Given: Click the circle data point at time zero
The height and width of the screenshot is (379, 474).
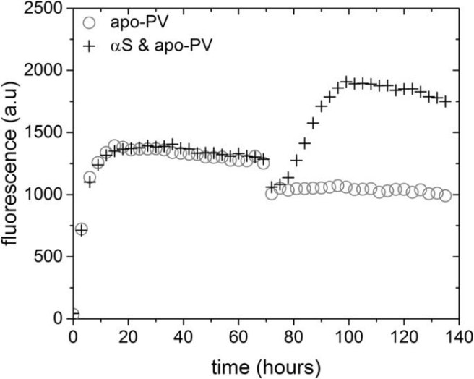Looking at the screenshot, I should [73, 315].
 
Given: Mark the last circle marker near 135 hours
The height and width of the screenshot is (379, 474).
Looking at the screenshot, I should [445, 195].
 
